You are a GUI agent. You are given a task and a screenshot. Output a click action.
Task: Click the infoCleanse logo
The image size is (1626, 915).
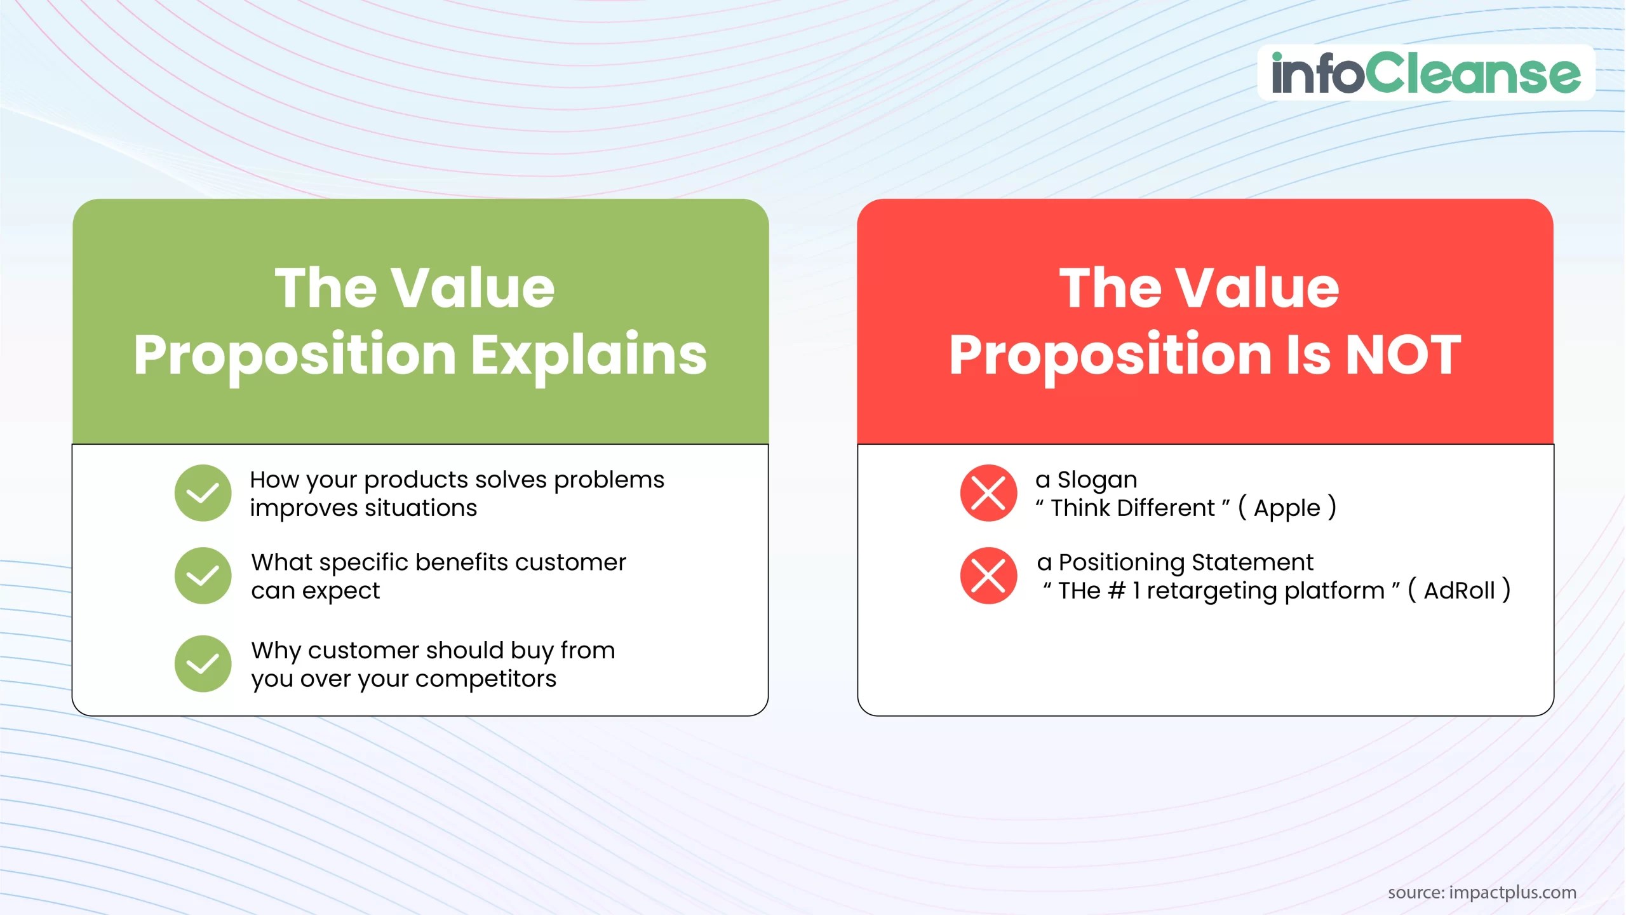pos(1425,73)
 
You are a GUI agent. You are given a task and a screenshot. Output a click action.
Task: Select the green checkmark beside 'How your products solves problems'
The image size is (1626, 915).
pos(203,493)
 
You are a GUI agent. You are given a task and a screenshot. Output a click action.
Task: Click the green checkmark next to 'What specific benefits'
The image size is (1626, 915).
pos(203,576)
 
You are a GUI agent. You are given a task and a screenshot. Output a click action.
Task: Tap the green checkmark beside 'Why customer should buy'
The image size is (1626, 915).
pos(203,664)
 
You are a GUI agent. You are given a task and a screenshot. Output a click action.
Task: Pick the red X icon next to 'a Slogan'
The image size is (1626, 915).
pos(988,493)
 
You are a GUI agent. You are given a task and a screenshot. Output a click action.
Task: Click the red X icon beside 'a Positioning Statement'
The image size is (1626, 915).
pos(988,576)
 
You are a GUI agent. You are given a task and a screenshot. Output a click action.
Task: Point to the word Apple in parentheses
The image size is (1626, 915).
pos(1287,508)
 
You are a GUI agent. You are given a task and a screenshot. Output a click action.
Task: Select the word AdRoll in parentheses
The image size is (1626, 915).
pos(1459,591)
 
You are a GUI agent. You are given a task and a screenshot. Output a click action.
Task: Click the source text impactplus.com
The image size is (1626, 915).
pos(1512,892)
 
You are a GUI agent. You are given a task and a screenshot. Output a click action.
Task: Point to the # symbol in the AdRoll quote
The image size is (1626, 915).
pos(1116,591)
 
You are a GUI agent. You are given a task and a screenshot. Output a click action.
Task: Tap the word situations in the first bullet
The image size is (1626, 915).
pos(420,508)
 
